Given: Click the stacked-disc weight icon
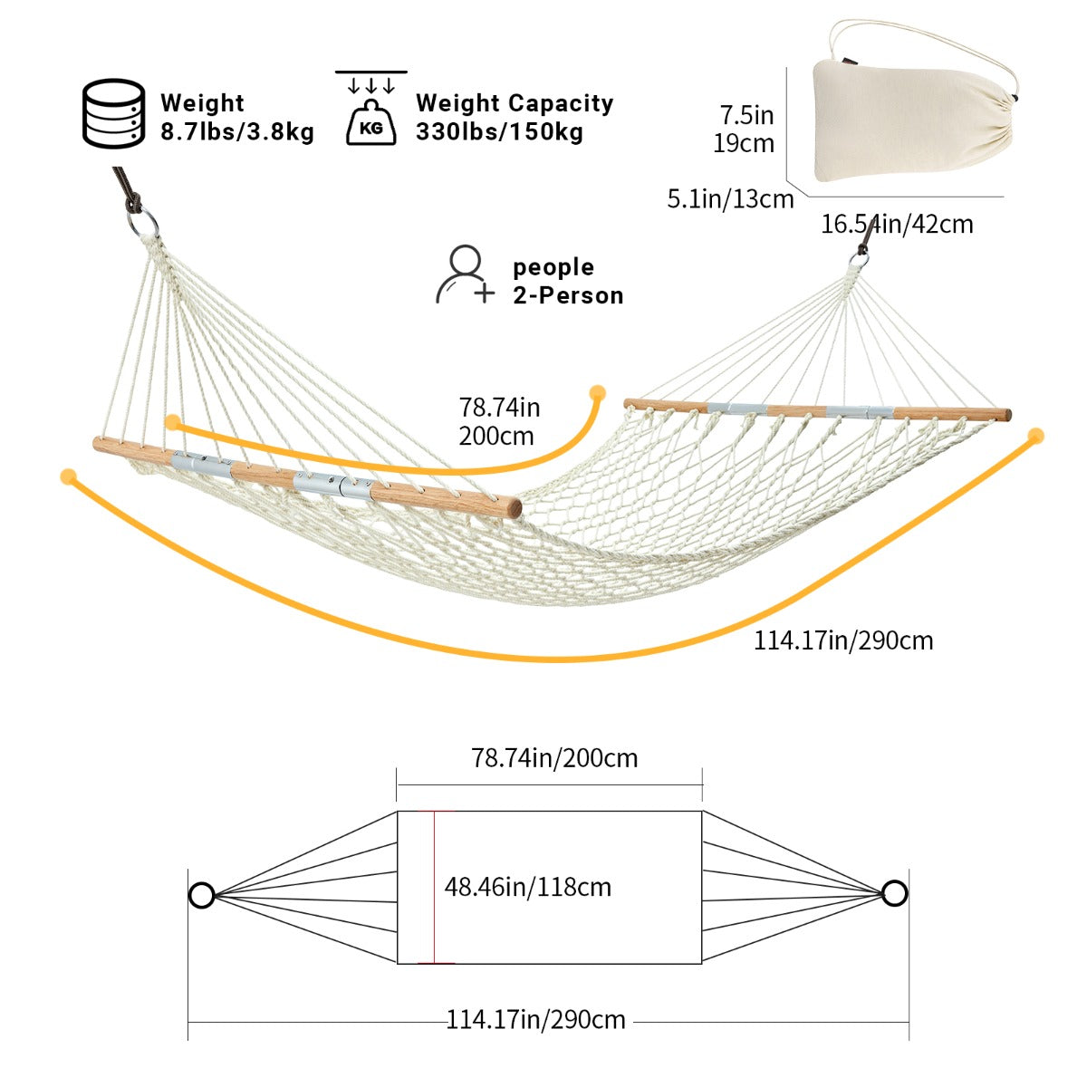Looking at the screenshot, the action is point(114,113).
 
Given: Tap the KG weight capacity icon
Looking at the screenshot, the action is point(371,108).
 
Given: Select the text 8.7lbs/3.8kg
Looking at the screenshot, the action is point(237,132).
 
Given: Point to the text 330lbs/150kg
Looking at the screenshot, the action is point(499,132).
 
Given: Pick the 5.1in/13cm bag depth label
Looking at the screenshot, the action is point(730,199).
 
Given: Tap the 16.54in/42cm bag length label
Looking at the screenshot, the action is point(897,224).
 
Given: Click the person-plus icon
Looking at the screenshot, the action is point(466,274).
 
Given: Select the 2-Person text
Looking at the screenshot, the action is point(568,295).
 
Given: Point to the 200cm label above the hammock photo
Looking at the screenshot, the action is point(495,436).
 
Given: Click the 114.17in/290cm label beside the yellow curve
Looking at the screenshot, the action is point(843,640).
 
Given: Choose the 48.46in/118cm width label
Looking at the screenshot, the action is point(527,888).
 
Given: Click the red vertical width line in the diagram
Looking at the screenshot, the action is point(435,888).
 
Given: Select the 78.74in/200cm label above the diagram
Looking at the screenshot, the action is point(554,758).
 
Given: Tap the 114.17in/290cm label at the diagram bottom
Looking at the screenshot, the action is point(536,1020).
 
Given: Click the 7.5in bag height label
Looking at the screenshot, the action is point(746,115).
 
